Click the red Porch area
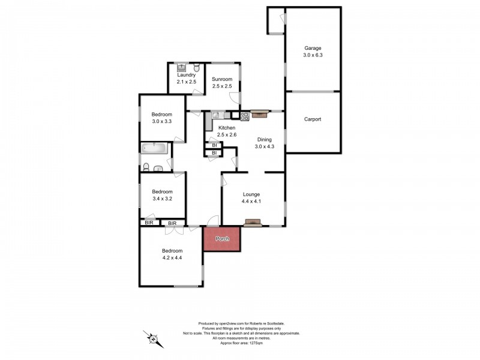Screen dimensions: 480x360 coord(222,239)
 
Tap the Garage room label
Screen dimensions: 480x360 coord(313,48)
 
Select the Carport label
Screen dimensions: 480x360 coord(313,119)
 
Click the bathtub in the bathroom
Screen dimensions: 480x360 coord(155,148)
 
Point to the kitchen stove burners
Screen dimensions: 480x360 coord(244,116)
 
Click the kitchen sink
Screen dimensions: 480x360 coord(217,115)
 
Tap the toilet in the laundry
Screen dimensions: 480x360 coord(197,67)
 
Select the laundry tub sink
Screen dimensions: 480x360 coord(182,67)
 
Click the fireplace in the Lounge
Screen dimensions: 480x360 coord(253,223)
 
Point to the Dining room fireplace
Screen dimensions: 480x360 coord(259,114)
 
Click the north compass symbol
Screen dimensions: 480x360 coord(154,339)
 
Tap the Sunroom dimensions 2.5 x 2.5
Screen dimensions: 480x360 coord(222,86)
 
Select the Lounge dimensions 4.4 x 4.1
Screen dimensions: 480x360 coord(251,202)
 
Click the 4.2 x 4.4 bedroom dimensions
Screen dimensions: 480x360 coord(172,258)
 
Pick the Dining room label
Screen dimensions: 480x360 coord(265,140)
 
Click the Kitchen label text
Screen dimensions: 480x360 coord(227,128)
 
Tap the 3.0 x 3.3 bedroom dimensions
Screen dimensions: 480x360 coord(161,122)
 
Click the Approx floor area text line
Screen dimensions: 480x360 coord(242,343)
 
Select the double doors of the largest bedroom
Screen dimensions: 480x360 coord(174,230)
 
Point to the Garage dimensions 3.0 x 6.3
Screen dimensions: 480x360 coord(313,55)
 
